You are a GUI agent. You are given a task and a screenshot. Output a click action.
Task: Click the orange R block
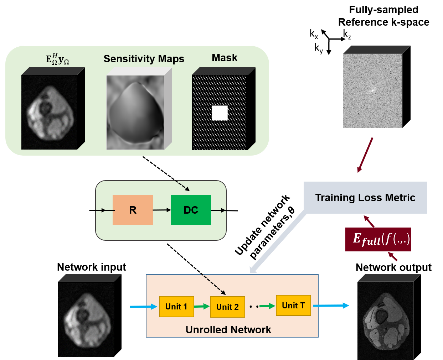tap(133, 210)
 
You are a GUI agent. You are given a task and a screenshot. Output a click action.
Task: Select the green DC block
tap(191, 210)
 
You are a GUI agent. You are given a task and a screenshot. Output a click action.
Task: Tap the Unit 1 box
tap(176, 306)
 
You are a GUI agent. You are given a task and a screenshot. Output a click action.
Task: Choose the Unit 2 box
tap(227, 307)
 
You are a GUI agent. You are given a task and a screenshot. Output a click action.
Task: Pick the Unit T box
tap(293, 306)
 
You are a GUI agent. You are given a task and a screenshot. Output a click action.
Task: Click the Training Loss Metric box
tap(365, 198)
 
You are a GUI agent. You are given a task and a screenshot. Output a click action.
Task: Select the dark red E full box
tap(378, 239)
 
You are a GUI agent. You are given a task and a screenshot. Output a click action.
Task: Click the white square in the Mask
tap(220, 113)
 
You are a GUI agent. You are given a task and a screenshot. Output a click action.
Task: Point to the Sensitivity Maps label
tap(144, 59)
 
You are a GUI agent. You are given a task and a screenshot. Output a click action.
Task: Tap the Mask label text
tap(225, 58)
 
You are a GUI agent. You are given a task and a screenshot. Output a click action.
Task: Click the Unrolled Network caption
tap(228, 330)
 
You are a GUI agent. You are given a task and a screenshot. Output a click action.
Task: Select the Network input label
tap(92, 267)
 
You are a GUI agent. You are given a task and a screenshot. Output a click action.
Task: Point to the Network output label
tap(393, 267)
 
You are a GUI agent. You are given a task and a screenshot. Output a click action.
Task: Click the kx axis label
tap(314, 34)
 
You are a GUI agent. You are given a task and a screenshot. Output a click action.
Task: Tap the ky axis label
tap(319, 48)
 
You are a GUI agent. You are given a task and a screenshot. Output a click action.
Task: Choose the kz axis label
tap(347, 34)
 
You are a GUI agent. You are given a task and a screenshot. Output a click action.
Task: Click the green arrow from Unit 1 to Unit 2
tap(202, 306)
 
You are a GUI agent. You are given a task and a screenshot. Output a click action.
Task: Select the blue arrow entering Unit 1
tap(144, 307)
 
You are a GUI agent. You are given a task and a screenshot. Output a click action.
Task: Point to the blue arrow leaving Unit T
tap(331, 306)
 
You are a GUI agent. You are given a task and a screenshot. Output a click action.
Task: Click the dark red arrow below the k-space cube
tap(365, 155)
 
